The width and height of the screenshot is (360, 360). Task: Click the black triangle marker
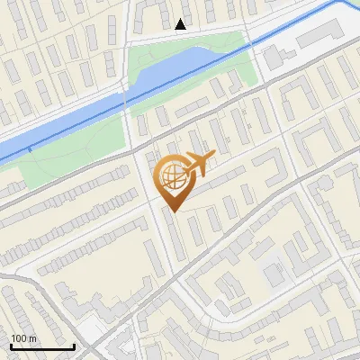[x=182, y=24]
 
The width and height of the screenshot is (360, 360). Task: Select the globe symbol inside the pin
[x=173, y=175]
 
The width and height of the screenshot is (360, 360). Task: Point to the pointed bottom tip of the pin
[x=174, y=211]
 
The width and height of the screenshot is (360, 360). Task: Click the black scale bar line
[x=41, y=347]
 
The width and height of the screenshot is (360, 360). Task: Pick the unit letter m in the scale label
[x=32, y=338]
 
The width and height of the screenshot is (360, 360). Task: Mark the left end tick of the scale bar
[x=10, y=346]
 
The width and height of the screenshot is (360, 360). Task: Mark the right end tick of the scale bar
[x=74, y=346]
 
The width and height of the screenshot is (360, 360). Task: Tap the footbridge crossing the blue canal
[x=125, y=94]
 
